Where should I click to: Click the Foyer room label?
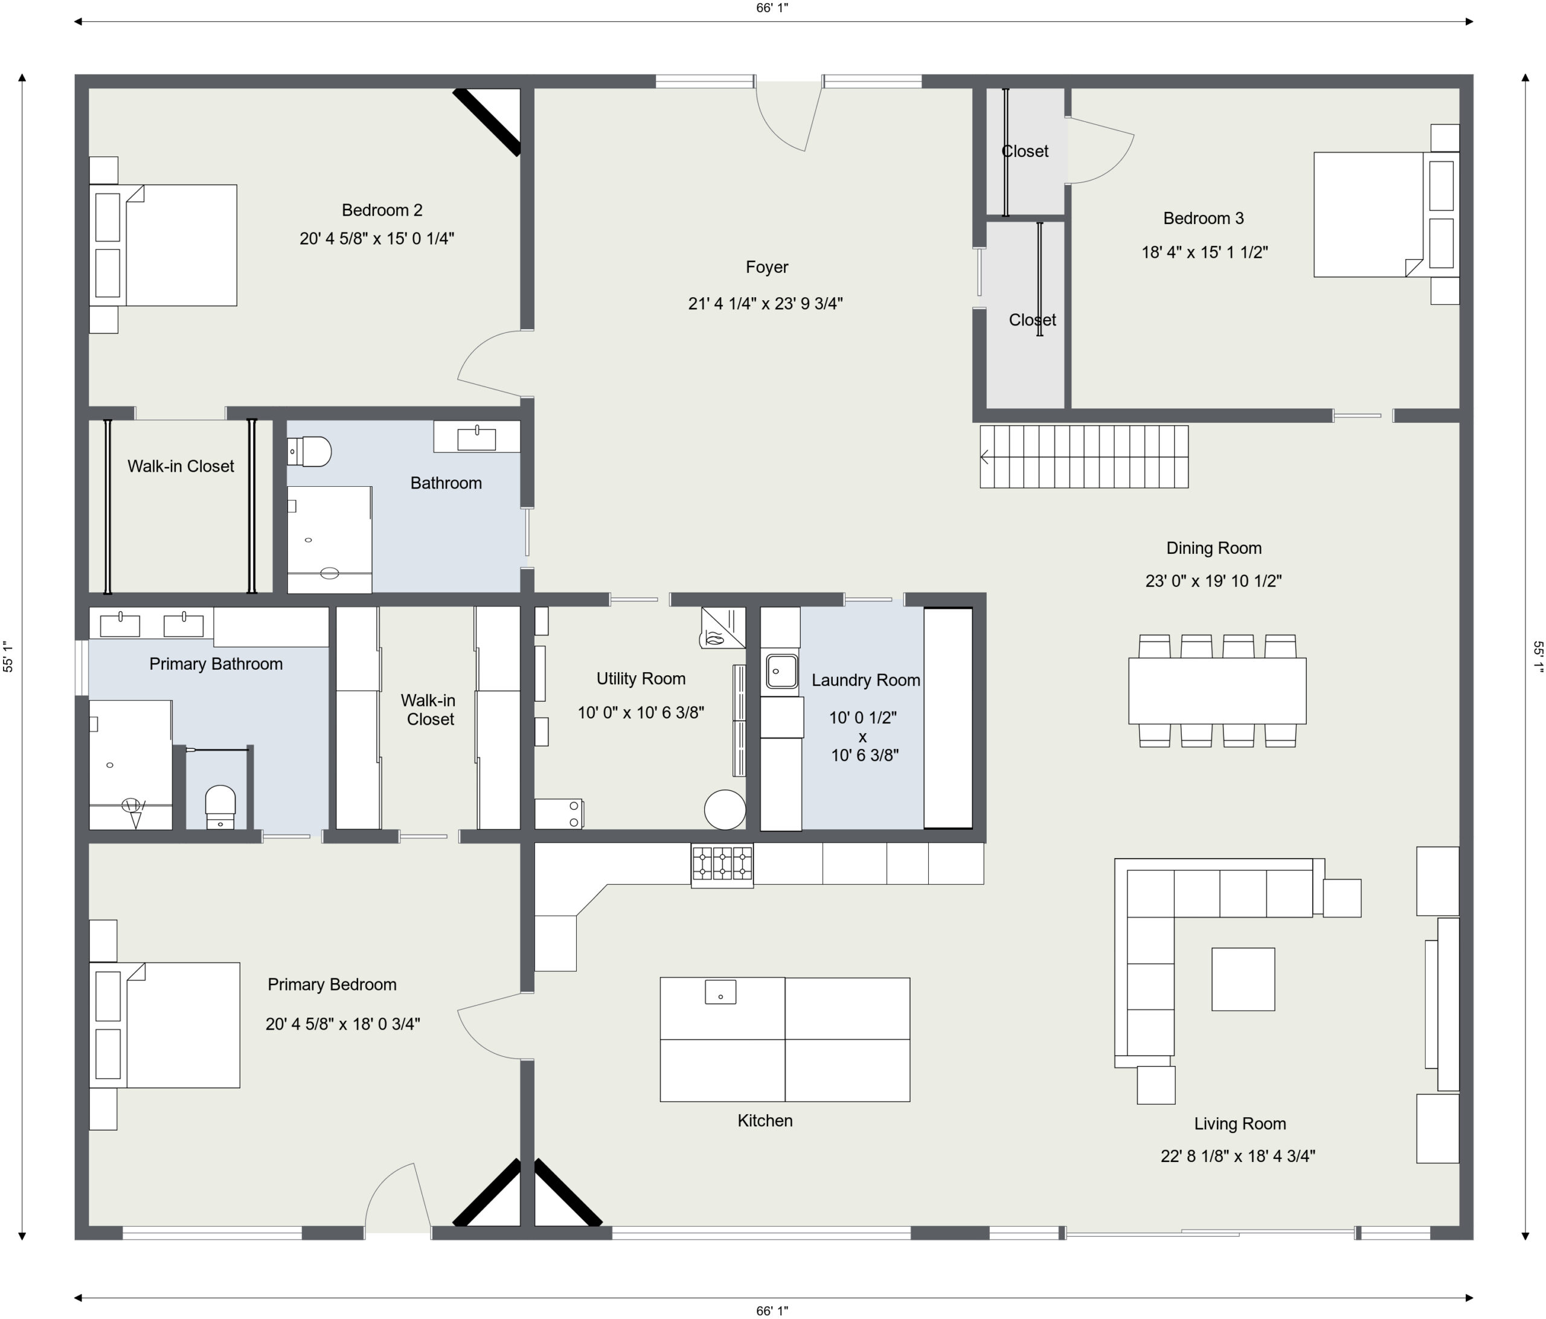click(x=766, y=267)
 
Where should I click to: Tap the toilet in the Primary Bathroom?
click(x=220, y=806)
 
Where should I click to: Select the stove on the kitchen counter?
click(x=722, y=865)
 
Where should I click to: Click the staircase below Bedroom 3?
click(x=1083, y=457)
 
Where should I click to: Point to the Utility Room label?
click(x=641, y=679)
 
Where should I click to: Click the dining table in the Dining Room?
click(x=1217, y=691)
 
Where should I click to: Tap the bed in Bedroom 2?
click(x=164, y=245)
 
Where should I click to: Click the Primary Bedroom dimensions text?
click(x=342, y=1024)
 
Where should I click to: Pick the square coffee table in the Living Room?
click(x=1243, y=979)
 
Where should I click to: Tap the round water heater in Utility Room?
click(x=725, y=809)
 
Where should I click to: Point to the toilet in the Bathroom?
click(x=309, y=451)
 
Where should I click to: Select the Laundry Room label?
click(x=865, y=681)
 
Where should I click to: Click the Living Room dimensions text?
click(x=1238, y=1155)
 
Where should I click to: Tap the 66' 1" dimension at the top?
click(x=772, y=8)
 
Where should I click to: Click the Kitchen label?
click(x=765, y=1120)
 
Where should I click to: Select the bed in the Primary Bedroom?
click(x=165, y=1025)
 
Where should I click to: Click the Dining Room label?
click(x=1214, y=548)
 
